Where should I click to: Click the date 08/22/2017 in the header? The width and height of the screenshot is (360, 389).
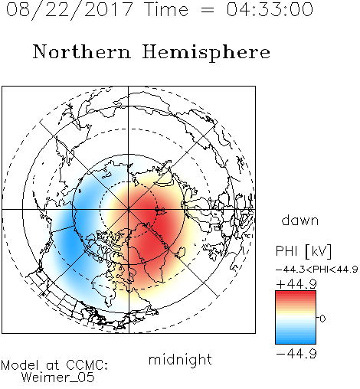tap(69, 10)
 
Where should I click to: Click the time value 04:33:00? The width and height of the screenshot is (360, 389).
tap(270, 9)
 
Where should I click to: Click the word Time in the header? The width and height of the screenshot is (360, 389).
tap(166, 9)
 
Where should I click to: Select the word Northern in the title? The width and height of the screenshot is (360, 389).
tap(81, 51)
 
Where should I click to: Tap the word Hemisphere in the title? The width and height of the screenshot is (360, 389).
tap(206, 52)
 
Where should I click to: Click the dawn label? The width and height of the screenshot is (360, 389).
tap(300, 220)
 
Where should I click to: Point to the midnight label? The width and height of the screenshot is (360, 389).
tap(180, 359)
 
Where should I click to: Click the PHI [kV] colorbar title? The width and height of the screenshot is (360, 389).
tap(303, 251)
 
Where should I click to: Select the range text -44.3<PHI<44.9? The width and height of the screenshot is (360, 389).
tap(316, 270)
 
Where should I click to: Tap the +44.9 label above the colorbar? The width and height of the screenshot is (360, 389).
tap(296, 284)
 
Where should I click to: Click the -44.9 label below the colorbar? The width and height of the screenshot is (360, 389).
tap(296, 354)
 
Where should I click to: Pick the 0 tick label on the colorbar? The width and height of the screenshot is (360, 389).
tap(322, 319)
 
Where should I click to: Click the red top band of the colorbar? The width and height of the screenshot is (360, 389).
tap(296, 296)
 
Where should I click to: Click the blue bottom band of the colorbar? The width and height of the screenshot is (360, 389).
tap(296, 338)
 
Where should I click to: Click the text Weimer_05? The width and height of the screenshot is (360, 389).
tap(58, 378)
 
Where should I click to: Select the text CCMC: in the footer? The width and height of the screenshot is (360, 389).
tap(87, 365)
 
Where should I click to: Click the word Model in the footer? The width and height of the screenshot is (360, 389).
tap(20, 365)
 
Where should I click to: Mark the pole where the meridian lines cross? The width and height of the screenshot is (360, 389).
tap(129, 210)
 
